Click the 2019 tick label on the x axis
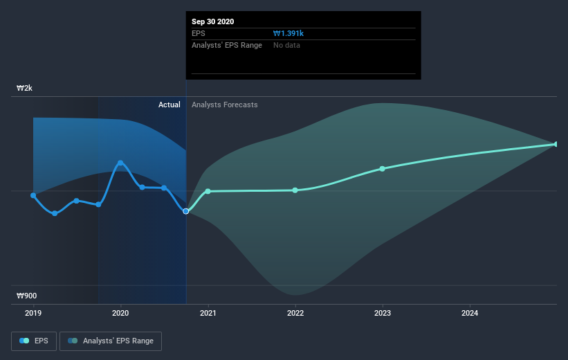(x=33, y=314)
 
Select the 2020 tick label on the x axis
(x=120, y=314)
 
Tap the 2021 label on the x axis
(x=208, y=314)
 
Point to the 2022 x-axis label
(x=295, y=314)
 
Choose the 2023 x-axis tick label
(x=383, y=314)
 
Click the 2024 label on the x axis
(x=470, y=314)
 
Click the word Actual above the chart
(x=169, y=105)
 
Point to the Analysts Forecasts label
(x=225, y=105)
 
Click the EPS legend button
(x=35, y=341)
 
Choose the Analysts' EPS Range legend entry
(x=111, y=341)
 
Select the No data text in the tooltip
(x=286, y=45)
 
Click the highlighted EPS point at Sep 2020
(x=186, y=211)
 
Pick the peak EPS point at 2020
(x=120, y=163)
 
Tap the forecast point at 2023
(x=383, y=169)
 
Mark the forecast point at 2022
(x=295, y=190)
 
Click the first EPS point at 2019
(x=33, y=195)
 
